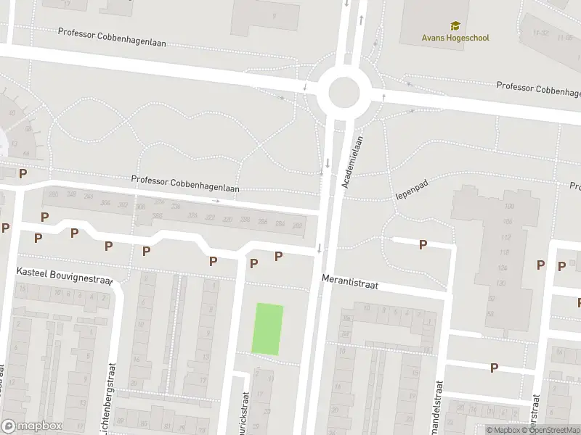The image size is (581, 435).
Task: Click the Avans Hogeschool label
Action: coord(455,38)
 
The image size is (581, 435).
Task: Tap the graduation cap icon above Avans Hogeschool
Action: coord(455,26)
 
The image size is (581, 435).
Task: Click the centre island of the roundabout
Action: coord(344,93)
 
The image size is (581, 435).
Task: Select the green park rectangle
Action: coord(267,329)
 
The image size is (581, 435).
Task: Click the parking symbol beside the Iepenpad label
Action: coord(423,244)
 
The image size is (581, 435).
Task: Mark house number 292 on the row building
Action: coord(297,226)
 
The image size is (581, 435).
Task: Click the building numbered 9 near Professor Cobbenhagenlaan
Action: coord(274,15)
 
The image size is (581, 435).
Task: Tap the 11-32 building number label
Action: coord(540,33)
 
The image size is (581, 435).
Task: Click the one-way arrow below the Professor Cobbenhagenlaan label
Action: coord(216,200)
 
